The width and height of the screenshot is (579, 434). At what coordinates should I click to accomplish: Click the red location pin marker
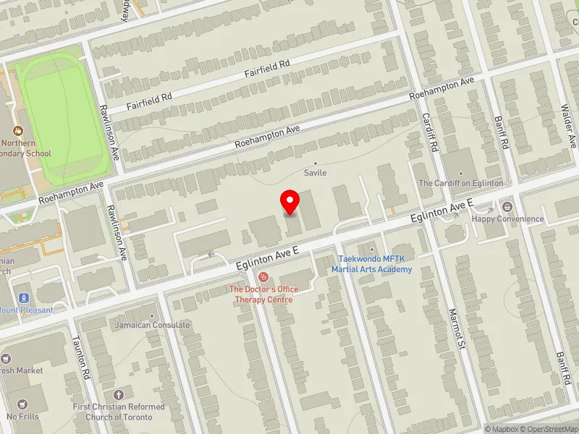point(290,202)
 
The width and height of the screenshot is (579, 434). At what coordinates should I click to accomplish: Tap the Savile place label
point(315,173)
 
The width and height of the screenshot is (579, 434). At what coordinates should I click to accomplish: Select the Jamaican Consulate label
point(152,325)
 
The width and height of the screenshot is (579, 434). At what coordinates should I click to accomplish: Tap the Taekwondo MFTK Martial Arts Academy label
point(372,264)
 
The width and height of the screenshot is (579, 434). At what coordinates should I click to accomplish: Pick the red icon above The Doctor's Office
point(263,276)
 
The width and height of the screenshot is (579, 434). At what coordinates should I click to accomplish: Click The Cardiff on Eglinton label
point(460,183)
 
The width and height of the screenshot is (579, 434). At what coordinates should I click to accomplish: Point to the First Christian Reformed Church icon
point(119,395)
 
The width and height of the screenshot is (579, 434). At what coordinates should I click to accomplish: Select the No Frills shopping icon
point(22,404)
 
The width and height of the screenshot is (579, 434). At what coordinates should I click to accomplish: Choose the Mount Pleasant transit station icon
point(24,297)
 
